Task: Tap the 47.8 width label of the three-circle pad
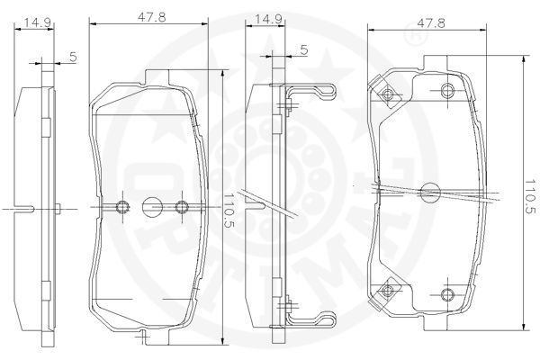point(151,17)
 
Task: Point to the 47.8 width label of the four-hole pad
point(430,22)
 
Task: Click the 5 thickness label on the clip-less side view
point(73,57)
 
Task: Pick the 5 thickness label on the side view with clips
point(304,49)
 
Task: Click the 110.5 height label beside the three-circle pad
point(229,210)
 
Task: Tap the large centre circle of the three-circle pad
point(153,207)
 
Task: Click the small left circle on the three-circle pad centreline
point(122,207)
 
